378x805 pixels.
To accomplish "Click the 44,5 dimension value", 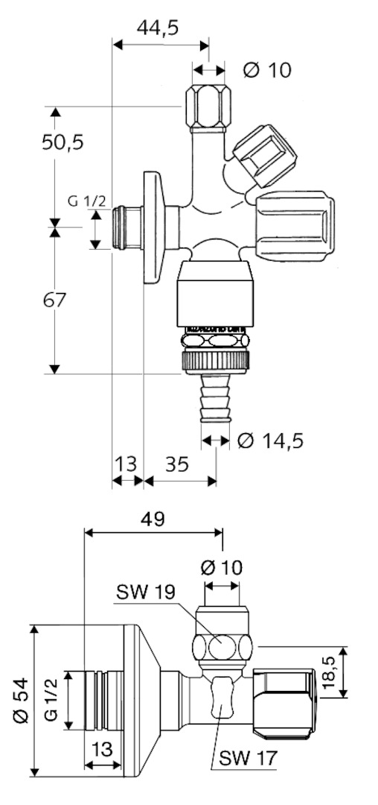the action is pos(157,28).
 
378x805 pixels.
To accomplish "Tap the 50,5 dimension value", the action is pos(63,142).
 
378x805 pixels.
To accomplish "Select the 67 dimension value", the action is pos(54,300).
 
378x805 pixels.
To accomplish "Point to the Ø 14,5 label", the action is pos(271,440).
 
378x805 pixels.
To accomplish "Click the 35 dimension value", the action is pos(177,464).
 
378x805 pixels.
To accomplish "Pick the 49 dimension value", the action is pos(153,519).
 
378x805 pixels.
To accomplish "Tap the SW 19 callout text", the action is pos(145,592).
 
